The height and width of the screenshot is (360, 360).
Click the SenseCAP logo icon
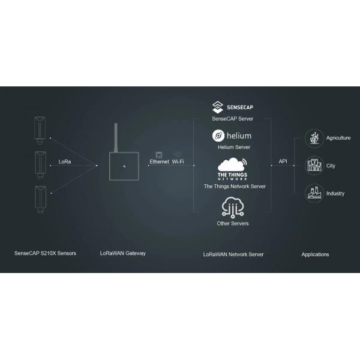[x=218, y=107]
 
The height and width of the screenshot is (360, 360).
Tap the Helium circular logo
[x=218, y=136]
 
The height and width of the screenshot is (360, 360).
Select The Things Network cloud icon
[x=232, y=164]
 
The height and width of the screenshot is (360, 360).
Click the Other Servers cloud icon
[x=233, y=207]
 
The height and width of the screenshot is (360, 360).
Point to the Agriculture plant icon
[x=314, y=138]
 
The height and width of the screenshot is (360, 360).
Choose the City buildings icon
[x=314, y=166]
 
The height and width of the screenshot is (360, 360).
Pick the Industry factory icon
[x=314, y=193]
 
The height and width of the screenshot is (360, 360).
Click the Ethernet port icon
[x=159, y=155]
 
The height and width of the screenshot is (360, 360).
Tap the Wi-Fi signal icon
[x=178, y=154]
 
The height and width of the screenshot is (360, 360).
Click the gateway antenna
[x=116, y=137]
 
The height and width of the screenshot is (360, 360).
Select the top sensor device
[x=40, y=130]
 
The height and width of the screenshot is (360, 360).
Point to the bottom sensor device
[x=40, y=200]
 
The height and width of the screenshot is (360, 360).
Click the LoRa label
[x=65, y=161]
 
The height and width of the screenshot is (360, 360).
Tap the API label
[x=283, y=161]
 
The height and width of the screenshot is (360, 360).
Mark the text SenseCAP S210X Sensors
[x=45, y=253]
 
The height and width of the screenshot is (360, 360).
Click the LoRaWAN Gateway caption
[x=123, y=253]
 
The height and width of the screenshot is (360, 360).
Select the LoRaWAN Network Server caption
[x=233, y=254]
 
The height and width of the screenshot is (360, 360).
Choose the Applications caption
[x=315, y=254]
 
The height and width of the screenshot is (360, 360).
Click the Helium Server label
[x=234, y=147]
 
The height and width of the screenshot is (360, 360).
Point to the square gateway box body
[x=124, y=166]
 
